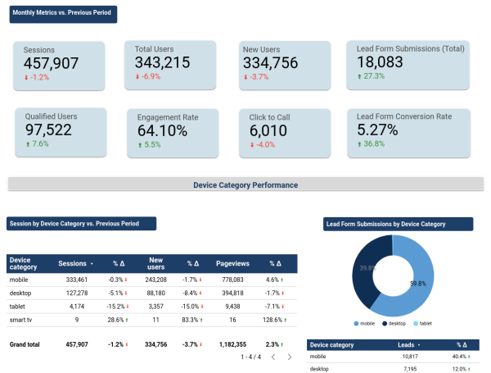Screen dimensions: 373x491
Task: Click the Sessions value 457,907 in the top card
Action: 51,63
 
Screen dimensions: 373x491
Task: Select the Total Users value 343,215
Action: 163,62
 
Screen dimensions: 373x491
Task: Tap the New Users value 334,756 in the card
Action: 270,62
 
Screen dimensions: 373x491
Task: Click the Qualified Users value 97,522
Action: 47,130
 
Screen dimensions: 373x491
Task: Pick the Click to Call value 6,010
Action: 268,130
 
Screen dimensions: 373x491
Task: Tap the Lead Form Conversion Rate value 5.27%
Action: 377,130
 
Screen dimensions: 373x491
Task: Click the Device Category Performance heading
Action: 245,185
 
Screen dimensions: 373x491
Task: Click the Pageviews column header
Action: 232,264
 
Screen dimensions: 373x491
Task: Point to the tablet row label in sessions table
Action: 18,307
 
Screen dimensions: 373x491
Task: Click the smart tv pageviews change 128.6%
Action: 274,321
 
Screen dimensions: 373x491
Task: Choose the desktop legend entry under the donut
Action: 396,324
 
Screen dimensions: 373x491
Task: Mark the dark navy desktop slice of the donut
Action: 365,271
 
